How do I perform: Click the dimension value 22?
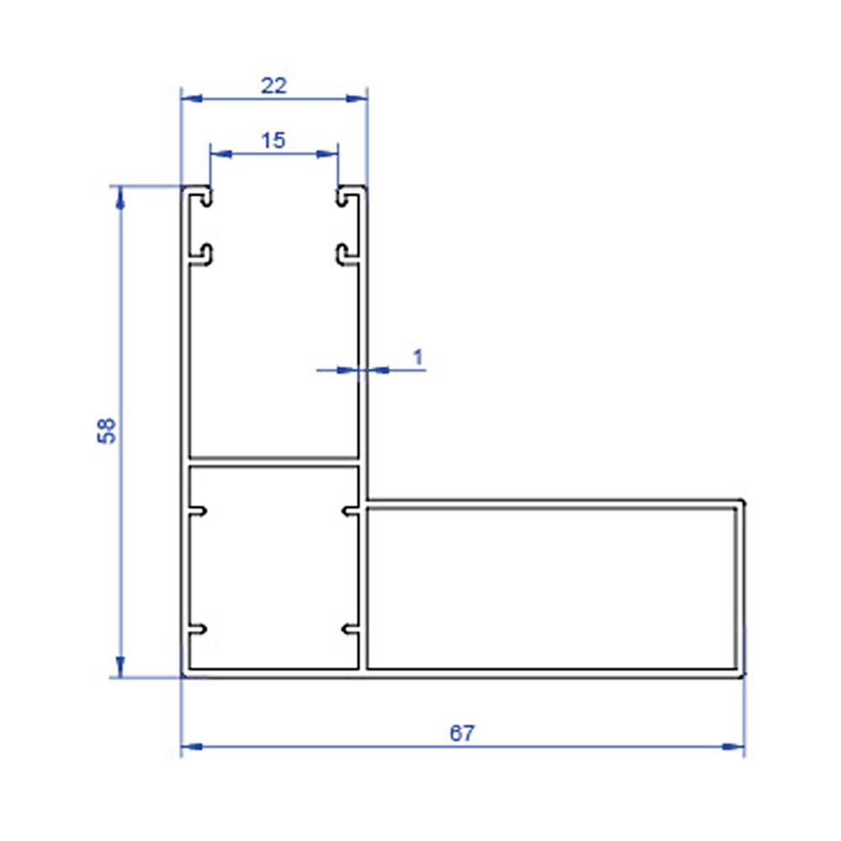tap(273, 86)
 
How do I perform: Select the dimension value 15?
tap(273, 140)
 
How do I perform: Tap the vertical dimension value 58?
tap(106, 431)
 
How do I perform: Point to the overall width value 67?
tap(462, 733)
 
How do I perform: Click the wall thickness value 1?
tap(418, 357)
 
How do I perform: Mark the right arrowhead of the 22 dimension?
tap(357, 98)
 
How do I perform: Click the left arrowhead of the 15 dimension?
tap(221, 154)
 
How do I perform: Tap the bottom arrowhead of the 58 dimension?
tap(120, 667)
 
